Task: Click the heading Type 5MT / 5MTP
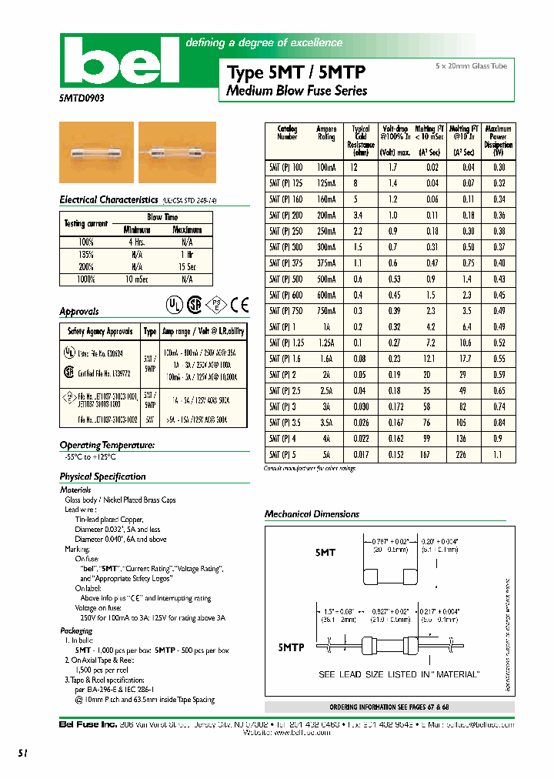tap(296, 72)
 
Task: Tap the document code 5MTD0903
tap(82, 99)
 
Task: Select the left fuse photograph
tap(96, 152)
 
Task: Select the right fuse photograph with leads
tap(177, 152)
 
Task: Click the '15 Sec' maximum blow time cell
tap(186, 266)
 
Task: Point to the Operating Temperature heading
tap(107, 445)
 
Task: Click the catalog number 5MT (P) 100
tap(286, 167)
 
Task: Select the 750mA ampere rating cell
tap(326, 310)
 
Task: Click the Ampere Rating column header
tap(326, 132)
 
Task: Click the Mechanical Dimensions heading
tap(312, 514)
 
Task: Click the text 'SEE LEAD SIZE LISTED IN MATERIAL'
tap(399, 674)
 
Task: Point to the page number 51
tap(22, 754)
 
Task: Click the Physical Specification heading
tap(102, 476)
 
